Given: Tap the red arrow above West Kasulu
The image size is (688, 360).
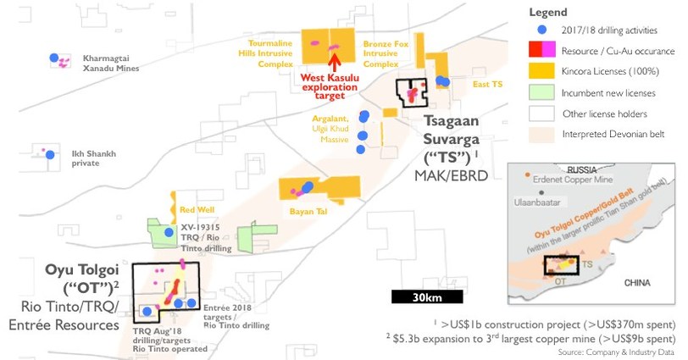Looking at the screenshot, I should click(x=335, y=61).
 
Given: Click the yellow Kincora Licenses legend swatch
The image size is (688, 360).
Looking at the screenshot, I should click(x=538, y=71).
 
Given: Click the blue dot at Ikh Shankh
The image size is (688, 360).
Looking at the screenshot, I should click(x=50, y=154).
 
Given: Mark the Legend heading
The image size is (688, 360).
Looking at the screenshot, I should click(x=548, y=13).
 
